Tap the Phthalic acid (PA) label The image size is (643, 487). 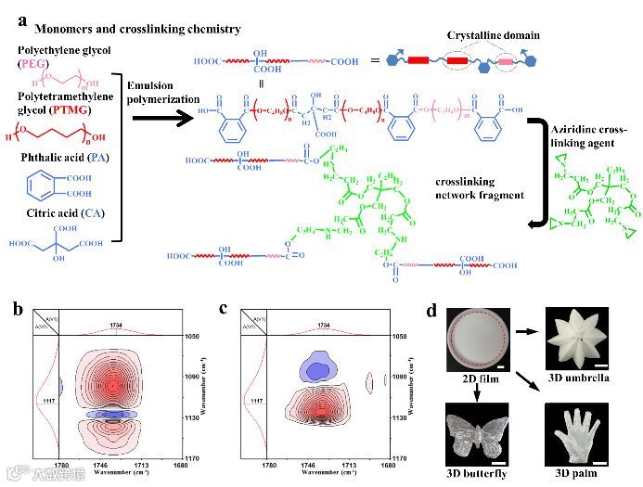click(x=64, y=157)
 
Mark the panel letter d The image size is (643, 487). click(x=430, y=309)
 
